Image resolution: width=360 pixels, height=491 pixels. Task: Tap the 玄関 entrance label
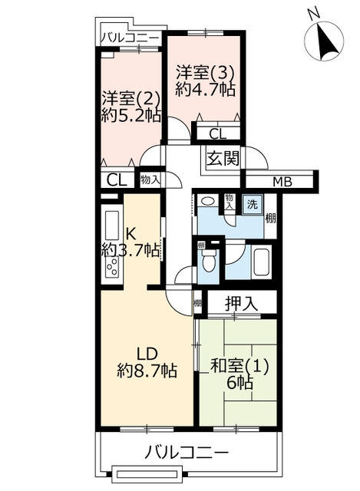223,158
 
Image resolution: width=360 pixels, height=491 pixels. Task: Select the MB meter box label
282,181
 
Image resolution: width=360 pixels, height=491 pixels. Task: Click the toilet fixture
207,262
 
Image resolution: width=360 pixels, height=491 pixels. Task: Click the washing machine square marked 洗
253,205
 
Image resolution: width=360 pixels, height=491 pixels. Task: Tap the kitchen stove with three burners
112,266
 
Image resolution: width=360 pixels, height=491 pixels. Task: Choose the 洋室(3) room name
205,73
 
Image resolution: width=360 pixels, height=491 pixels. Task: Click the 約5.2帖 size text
131,116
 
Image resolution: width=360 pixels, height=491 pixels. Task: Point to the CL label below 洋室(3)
217,134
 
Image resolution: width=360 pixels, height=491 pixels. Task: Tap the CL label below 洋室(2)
117,180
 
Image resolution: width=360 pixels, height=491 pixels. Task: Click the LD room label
146,354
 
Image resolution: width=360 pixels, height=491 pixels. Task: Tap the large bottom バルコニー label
187,452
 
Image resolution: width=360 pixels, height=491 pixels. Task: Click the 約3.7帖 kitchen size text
131,250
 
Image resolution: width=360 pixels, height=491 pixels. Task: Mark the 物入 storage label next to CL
150,180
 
